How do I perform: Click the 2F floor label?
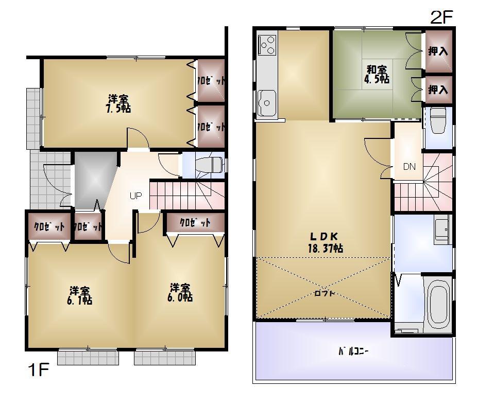tap(441, 17)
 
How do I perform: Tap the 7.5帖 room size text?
tap(118, 109)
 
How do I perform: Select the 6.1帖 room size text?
tap(79, 301)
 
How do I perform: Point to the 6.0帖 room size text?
tap(180, 297)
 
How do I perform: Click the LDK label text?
tap(323, 236)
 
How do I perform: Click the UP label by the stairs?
tap(135, 196)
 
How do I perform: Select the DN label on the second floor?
tap(409, 167)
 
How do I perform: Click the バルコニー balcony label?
tap(353, 352)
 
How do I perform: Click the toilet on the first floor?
tap(212, 165)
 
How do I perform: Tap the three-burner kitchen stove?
tap(267, 45)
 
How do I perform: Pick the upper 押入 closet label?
tap(438, 51)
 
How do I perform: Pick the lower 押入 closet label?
tap(438, 90)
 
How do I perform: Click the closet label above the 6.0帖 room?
tap(195, 223)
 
